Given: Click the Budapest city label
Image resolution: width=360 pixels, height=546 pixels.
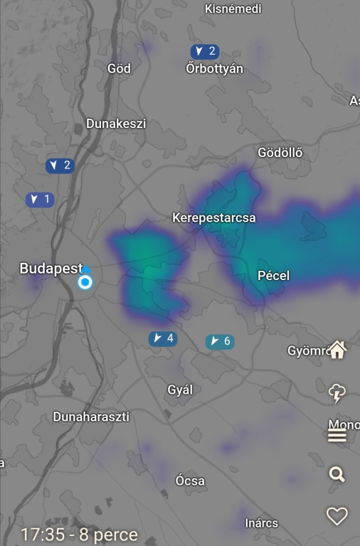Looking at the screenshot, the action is [x=51, y=269].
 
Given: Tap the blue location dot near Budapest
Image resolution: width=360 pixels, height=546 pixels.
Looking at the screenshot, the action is [x=85, y=282].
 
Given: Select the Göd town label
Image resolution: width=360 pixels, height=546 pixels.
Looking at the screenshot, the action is [x=119, y=68].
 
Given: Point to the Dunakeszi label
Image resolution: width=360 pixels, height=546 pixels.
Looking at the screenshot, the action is [x=116, y=124].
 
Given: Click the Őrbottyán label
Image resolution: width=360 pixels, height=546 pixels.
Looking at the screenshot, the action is [x=214, y=69].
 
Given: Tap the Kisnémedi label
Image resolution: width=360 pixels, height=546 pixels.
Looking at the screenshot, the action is [x=233, y=9].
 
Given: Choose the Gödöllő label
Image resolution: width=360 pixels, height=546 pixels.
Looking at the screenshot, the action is [x=280, y=153].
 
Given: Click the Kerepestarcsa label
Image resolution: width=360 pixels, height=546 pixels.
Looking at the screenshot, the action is [x=214, y=218].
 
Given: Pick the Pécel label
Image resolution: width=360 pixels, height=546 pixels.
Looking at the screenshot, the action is [x=273, y=276].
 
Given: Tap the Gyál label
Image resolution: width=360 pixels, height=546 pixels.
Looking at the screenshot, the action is [x=180, y=390].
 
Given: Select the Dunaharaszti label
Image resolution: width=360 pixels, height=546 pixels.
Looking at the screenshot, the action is [x=91, y=417].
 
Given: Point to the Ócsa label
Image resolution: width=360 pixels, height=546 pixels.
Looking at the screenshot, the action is [x=190, y=481].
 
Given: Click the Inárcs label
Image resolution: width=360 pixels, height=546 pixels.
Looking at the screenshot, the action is [x=261, y=523].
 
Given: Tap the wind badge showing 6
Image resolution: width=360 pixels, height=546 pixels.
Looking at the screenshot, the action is [x=219, y=342].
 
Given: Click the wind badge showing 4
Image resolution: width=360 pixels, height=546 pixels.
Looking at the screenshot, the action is [x=162, y=338].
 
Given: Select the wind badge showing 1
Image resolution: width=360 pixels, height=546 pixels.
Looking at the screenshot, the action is [x=40, y=200].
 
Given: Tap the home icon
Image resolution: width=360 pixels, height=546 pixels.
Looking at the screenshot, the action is [x=337, y=350].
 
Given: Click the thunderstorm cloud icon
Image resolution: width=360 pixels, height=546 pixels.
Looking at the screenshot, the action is [x=337, y=392].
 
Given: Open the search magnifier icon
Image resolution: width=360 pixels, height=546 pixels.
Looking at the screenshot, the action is [x=337, y=474].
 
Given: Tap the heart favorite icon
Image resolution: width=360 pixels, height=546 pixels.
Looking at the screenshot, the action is [x=337, y=516].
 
